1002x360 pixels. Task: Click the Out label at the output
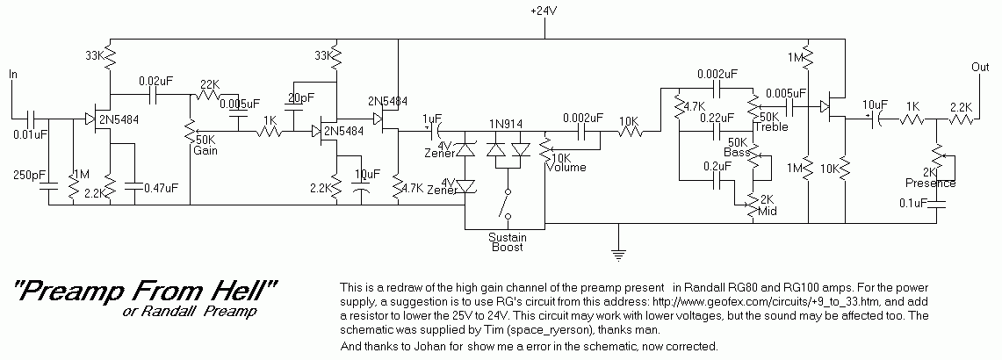tap(979, 67)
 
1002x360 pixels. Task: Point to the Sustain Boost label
tap(507, 241)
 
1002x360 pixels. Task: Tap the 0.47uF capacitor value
tap(159, 187)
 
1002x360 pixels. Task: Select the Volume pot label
tap(566, 168)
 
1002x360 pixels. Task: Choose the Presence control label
tap(930, 184)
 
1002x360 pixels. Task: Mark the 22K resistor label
tap(209, 84)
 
